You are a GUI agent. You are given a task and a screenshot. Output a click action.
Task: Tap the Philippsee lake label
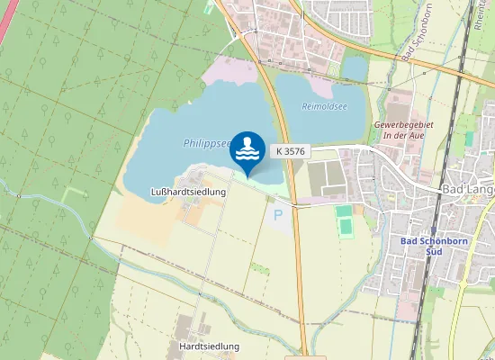pos(206,142)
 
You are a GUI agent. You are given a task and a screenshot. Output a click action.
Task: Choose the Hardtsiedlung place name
pos(209,346)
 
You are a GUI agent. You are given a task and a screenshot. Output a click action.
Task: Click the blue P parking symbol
pos(277,215)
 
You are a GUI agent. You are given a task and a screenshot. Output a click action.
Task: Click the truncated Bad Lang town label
pos(468,190)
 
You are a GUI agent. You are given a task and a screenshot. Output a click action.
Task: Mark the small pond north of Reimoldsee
pos(355,67)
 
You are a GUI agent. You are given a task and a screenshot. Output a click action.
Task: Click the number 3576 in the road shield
pos(296,152)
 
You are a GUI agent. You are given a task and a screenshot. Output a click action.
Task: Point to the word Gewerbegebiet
pos(403,123)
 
